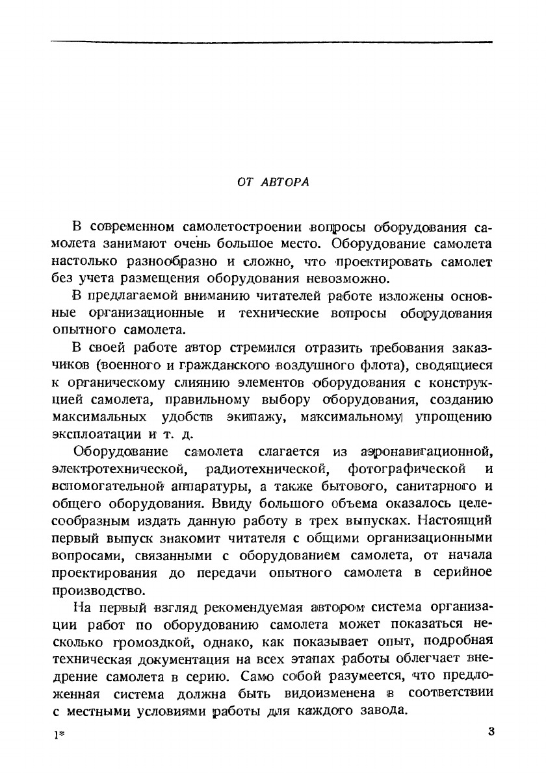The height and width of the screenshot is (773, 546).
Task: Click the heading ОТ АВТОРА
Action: [x=273, y=182]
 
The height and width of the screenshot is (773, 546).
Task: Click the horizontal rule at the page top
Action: [x=272, y=42]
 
